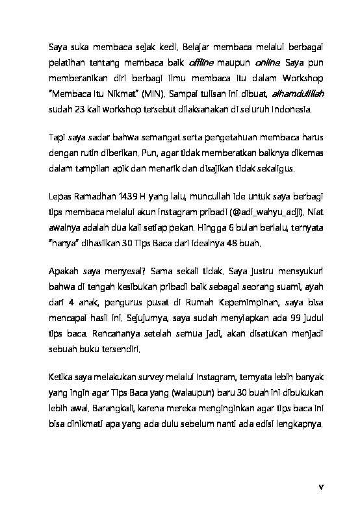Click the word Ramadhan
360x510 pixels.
[96, 196]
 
